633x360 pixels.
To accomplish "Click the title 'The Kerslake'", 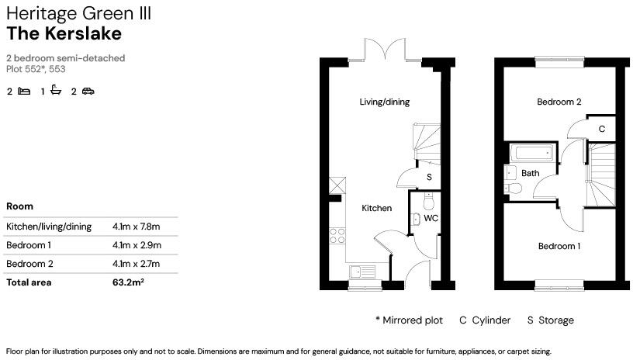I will point(64,33).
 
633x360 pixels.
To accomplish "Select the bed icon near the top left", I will point(24,92).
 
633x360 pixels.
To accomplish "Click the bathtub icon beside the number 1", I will point(56,92).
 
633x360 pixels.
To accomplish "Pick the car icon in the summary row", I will point(88,92).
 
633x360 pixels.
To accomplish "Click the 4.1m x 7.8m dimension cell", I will point(136,227).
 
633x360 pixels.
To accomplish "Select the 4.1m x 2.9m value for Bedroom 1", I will point(136,245).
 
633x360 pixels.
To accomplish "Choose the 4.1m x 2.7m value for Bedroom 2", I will point(136,264).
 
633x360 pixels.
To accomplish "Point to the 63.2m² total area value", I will point(129,282).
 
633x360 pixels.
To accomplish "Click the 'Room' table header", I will point(19,206).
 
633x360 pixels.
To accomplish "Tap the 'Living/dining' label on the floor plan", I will point(384,102).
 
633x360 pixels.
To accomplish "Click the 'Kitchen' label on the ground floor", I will point(377,208).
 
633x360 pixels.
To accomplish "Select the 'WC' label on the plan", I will point(431,218).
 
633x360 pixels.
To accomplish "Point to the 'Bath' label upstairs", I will point(530,173).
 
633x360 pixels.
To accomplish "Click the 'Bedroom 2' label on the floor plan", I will point(559,102).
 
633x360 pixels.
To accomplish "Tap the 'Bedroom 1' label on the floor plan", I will point(559,246).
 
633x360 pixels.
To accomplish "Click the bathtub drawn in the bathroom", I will point(532,152).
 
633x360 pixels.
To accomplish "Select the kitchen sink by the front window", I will point(363,272).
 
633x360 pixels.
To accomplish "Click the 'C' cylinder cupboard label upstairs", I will point(601,128).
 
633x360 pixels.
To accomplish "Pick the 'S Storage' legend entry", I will point(551,320).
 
